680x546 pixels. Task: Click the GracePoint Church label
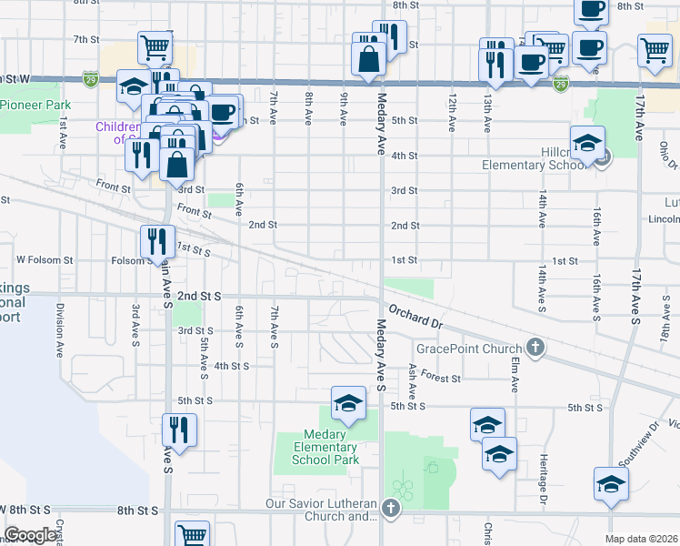(468, 349)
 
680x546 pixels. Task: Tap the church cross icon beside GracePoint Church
(536, 348)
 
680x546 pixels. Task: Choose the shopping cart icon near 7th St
(155, 46)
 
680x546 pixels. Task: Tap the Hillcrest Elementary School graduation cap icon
(588, 145)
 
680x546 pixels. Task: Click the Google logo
(30, 535)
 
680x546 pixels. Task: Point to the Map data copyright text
(642, 539)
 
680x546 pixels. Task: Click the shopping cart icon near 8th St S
(192, 536)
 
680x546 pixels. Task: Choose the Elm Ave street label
(515, 374)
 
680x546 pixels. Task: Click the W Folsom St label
(45, 260)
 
